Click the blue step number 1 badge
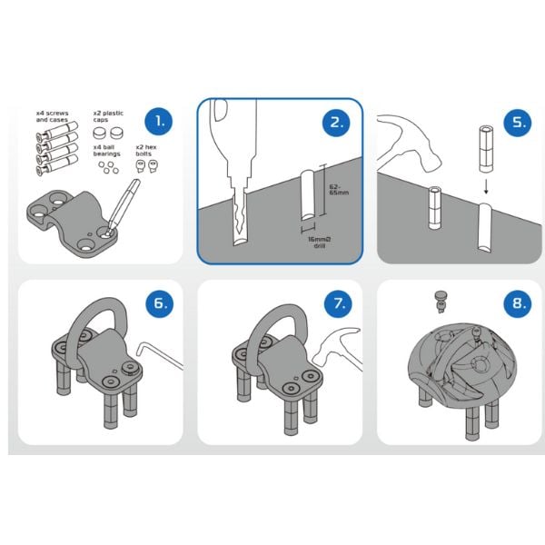(x=159, y=122)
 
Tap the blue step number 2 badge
(x=336, y=123)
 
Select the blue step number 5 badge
(x=518, y=123)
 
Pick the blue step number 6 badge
(x=160, y=303)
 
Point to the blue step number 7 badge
(x=339, y=303)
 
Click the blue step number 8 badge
(x=518, y=303)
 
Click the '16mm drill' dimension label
(x=320, y=243)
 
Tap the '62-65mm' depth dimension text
(x=339, y=190)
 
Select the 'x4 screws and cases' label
(x=52, y=116)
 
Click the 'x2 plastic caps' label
(x=108, y=116)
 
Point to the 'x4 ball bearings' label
(x=106, y=151)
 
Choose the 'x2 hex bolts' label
(x=146, y=151)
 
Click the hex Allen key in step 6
(x=159, y=354)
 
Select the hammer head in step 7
(x=338, y=348)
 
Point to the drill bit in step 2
(x=240, y=215)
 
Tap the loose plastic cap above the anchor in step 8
(x=441, y=302)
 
